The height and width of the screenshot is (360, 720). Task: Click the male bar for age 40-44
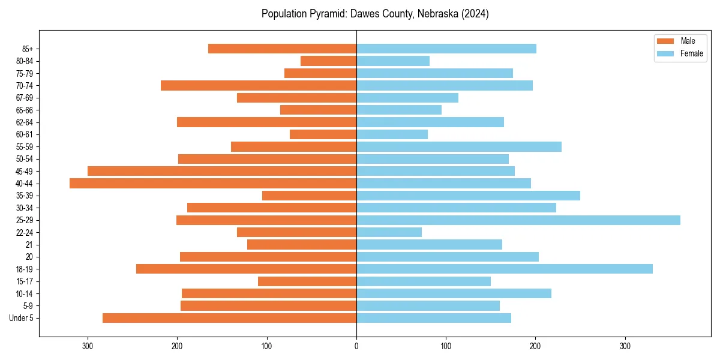click(x=213, y=184)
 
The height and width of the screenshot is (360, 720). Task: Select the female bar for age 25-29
click(x=518, y=220)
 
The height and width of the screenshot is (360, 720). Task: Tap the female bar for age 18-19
click(x=505, y=269)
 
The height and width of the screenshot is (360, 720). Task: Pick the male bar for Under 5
click(x=230, y=318)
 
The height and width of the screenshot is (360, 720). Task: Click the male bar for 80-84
click(x=329, y=61)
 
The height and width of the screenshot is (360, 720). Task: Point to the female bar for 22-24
click(x=389, y=232)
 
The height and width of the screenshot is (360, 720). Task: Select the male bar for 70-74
click(x=259, y=85)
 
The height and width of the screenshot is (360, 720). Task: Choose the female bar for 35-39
click(x=468, y=196)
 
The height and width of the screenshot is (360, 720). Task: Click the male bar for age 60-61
click(x=323, y=134)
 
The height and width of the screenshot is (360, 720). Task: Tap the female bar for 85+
click(x=446, y=49)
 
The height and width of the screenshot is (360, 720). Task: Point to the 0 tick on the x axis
click(x=356, y=346)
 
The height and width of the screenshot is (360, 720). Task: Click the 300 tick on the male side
click(x=88, y=346)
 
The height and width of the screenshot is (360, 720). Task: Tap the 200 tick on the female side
click(x=535, y=346)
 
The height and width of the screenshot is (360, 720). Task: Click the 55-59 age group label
click(x=25, y=146)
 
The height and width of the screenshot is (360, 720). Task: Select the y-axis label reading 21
click(x=29, y=245)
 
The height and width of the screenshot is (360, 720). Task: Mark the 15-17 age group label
click(x=25, y=281)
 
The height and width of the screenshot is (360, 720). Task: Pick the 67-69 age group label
click(x=25, y=98)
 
